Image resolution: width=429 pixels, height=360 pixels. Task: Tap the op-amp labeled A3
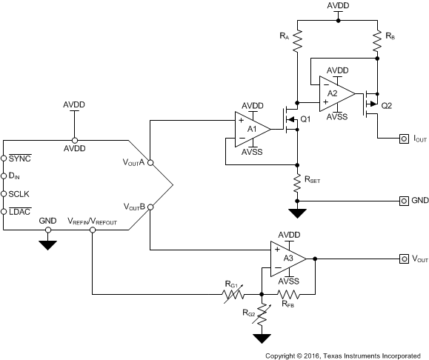pyautogui.click(x=287, y=259)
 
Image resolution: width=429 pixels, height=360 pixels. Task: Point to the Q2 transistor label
pyautogui.click(x=386, y=105)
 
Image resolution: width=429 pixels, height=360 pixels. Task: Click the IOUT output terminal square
pyautogui.click(x=404, y=138)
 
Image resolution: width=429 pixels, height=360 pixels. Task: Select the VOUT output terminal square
pyautogui.click(x=404, y=259)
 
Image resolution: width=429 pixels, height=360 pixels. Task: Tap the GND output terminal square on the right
pyautogui.click(x=404, y=200)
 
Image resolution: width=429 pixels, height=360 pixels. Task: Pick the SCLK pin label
pyautogui.click(x=18, y=195)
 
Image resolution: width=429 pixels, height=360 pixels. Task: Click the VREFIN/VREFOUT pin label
pyautogui.click(x=92, y=221)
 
